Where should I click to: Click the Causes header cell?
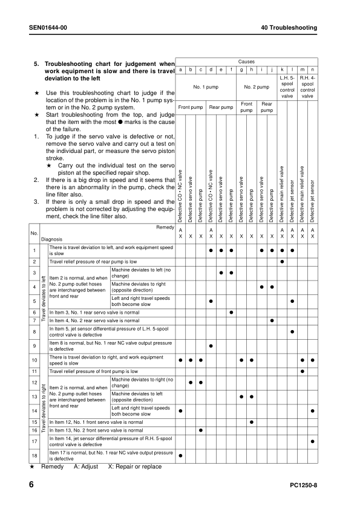(x=246, y=62)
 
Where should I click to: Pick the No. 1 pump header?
(x=205, y=87)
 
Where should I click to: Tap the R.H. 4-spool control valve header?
(x=307, y=87)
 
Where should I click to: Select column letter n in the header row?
(x=312, y=71)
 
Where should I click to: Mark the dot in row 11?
(x=302, y=371)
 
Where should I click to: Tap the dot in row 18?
(x=180, y=455)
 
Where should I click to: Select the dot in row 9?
(x=211, y=346)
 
